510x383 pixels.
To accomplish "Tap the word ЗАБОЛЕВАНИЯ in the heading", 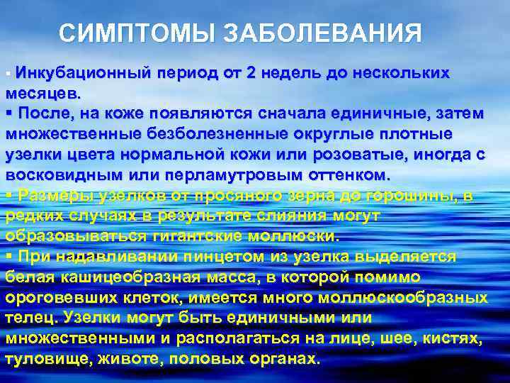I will click(x=322, y=33).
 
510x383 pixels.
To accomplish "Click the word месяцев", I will click(x=42, y=92).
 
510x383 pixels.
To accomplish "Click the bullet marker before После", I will click(x=8, y=113).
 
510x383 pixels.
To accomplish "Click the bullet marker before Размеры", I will click(x=8, y=194).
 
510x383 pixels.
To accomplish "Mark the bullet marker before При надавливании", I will click(x=8, y=256).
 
